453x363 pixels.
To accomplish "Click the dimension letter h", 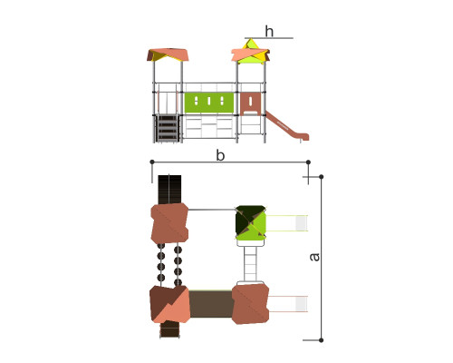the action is [x=269, y=32].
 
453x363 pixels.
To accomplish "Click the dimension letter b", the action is [x=220, y=155].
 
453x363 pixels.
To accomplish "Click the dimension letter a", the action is [x=314, y=257].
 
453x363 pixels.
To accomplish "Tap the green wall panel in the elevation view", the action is [x=209, y=103].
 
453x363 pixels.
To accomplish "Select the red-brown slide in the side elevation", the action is [x=287, y=126].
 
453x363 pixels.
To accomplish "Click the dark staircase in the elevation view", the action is [x=167, y=128].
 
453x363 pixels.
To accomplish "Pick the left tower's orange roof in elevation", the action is [x=168, y=54].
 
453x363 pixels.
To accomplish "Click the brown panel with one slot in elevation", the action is [x=250, y=103].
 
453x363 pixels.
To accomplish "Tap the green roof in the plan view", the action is [x=251, y=223].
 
